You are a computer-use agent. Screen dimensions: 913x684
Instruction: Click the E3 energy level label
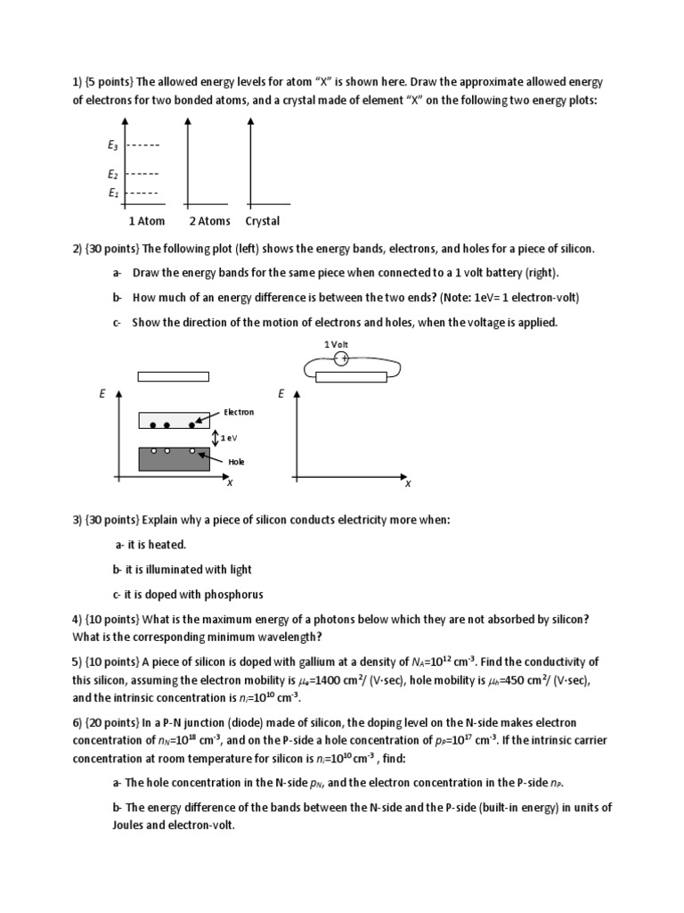[x=113, y=144]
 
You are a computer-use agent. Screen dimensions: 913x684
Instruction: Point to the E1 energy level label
[x=113, y=193]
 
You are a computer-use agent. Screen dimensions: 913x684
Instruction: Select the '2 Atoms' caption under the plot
[x=209, y=221]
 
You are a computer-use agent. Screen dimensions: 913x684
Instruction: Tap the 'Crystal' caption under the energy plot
[x=263, y=221]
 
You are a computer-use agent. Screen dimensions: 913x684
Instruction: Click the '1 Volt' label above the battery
[x=337, y=344]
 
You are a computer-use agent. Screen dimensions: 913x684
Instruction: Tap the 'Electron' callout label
[x=239, y=412]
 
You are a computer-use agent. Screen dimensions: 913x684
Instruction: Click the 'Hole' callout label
[x=235, y=462]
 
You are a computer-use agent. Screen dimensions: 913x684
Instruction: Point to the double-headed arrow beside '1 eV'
[x=216, y=438]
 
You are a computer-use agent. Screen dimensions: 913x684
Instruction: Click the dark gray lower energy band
[x=175, y=459]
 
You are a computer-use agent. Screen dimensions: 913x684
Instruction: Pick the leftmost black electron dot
[x=152, y=425]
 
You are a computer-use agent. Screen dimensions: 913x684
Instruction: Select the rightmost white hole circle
[x=192, y=451]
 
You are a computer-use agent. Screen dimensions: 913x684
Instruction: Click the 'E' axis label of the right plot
[x=281, y=393]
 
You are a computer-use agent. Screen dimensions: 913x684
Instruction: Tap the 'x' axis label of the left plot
[x=229, y=483]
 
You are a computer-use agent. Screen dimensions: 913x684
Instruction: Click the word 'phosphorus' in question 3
[x=235, y=595]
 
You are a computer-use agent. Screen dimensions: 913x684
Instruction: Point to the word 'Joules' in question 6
[x=91, y=825]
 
